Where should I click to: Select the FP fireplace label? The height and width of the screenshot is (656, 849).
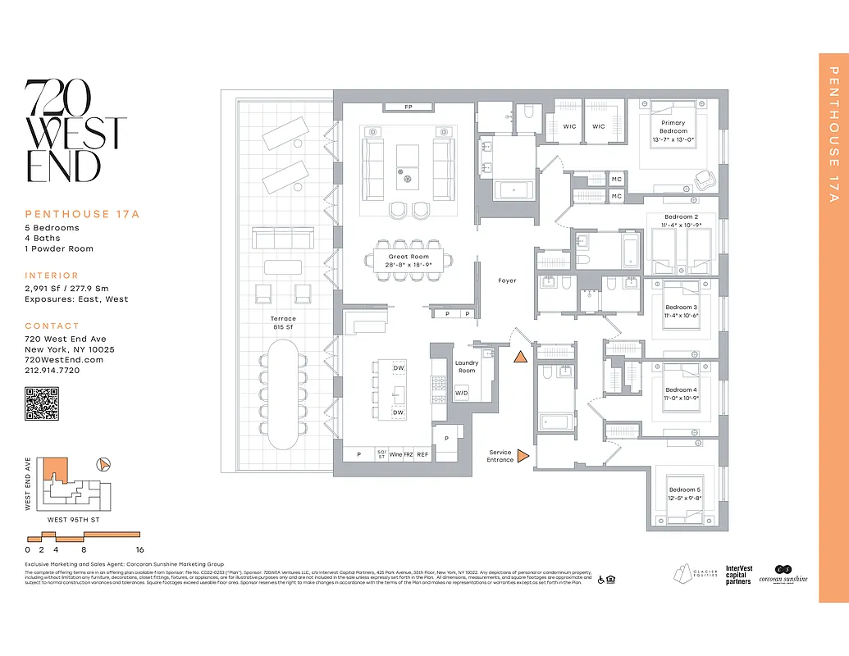(409, 107)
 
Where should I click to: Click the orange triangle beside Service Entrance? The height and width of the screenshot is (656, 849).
(523, 457)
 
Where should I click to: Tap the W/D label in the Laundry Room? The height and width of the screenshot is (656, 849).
(462, 393)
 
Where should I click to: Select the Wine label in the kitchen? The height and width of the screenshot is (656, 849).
(395, 454)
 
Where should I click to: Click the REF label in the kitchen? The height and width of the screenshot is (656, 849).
(422, 454)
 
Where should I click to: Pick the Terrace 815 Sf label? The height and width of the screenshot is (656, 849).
(283, 322)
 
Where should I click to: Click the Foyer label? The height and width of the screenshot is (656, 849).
(507, 280)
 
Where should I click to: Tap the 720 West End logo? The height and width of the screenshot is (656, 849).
(75, 131)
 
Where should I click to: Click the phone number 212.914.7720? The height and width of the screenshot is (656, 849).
(52, 371)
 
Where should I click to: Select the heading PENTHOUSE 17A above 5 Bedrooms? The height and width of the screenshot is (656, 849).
(82, 214)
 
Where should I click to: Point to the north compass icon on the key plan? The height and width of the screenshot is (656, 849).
(103, 464)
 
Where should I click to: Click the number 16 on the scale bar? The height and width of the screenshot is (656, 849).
(140, 550)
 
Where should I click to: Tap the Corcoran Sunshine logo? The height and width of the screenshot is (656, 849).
(786, 574)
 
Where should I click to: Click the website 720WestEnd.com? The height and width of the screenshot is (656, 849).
(64, 360)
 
